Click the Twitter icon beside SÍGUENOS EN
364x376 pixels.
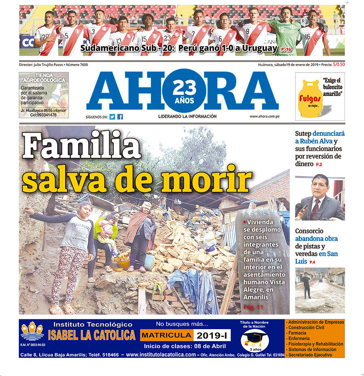coord(112,117)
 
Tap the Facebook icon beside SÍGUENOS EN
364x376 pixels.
coord(120,117)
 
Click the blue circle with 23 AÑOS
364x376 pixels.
coord(183,91)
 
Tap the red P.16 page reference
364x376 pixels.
coord(286,49)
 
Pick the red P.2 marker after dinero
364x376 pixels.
coord(319,165)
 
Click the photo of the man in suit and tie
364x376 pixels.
coord(320,198)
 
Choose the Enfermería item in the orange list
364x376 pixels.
coord(300,338)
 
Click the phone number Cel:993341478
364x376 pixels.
coord(43,115)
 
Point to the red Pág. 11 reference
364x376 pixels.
coord(254,307)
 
